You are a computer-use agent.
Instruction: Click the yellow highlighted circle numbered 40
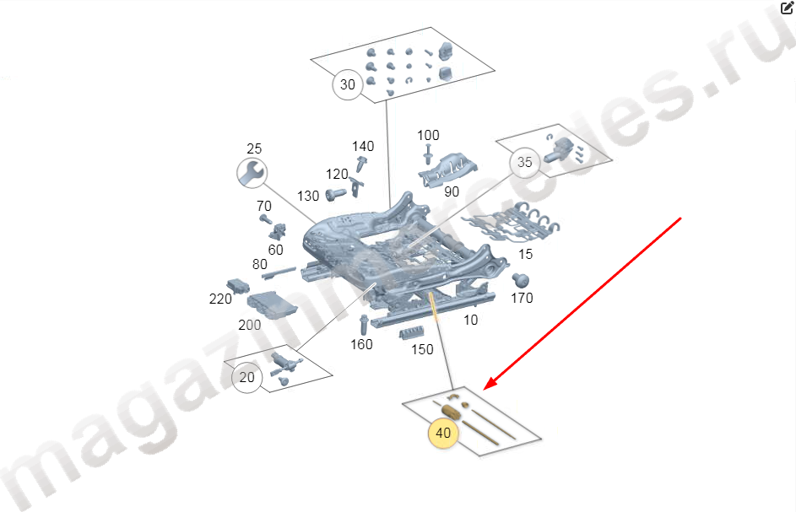pos(443,433)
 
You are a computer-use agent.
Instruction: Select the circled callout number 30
pos(348,84)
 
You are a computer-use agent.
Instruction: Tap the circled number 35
pos(524,163)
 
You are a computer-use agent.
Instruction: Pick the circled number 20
pos(247,378)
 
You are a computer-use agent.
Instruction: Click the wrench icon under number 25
pos(252,173)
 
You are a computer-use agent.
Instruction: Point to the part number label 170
pos(522,298)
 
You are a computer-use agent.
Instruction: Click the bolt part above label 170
pos(520,280)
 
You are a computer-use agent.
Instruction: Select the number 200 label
pos(250,325)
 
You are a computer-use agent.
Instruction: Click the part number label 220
pos(220,299)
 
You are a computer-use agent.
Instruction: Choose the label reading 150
pos(422,349)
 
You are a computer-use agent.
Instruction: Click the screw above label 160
pos(364,325)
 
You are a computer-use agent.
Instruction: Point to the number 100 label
pos(428,136)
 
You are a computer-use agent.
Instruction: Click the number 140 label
pos(363,146)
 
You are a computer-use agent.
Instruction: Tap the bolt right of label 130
pos(336,194)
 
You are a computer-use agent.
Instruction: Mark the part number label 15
pos(525,254)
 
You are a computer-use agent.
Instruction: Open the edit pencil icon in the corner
pos(787,8)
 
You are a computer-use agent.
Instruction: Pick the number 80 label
pos(259,264)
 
